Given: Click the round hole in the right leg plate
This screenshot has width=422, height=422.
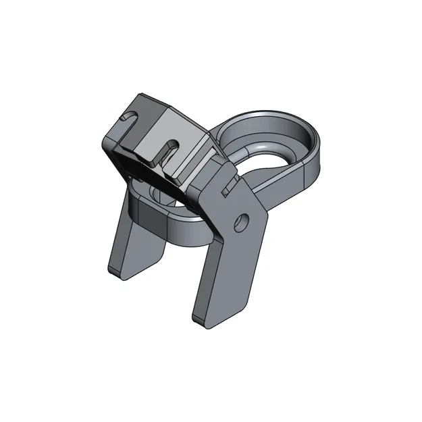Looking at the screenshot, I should point(241,221).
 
